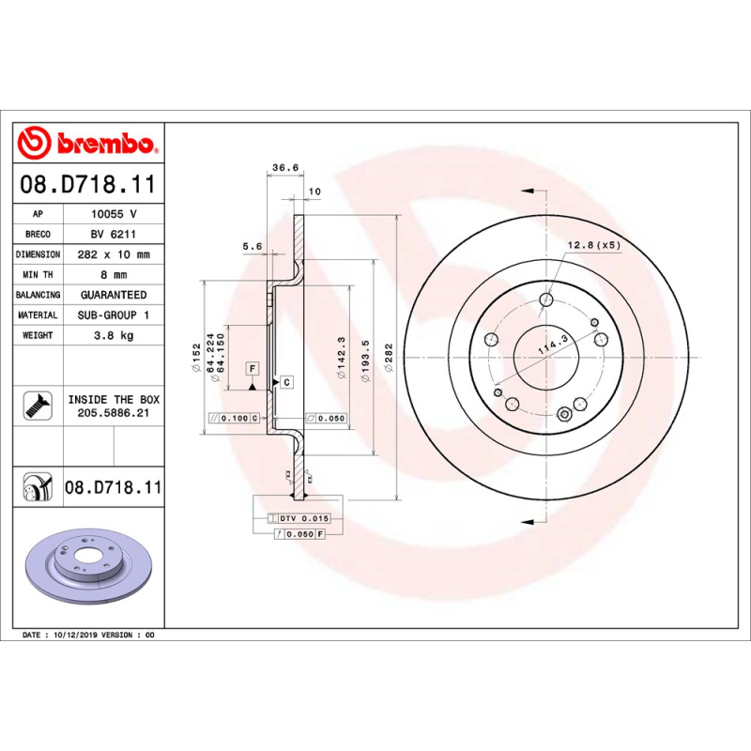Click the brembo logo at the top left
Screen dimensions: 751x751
[88, 144]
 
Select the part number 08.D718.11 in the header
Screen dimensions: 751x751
[88, 185]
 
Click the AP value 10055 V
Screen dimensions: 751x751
[113, 214]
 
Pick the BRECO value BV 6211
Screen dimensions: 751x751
[113, 235]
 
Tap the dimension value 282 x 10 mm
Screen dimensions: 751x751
[113, 254]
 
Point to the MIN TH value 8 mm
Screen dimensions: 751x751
[113, 275]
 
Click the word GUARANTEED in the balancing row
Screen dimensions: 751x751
[113, 295]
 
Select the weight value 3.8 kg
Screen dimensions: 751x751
[113, 335]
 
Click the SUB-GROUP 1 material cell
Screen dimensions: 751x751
[113, 315]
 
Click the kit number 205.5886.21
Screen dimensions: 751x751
[113, 414]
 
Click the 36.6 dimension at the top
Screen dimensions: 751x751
[284, 168]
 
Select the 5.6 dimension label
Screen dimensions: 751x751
[252, 246]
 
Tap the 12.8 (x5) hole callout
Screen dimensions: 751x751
[593, 245]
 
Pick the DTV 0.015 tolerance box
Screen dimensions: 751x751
[304, 518]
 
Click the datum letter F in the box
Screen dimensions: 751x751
[253, 368]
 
